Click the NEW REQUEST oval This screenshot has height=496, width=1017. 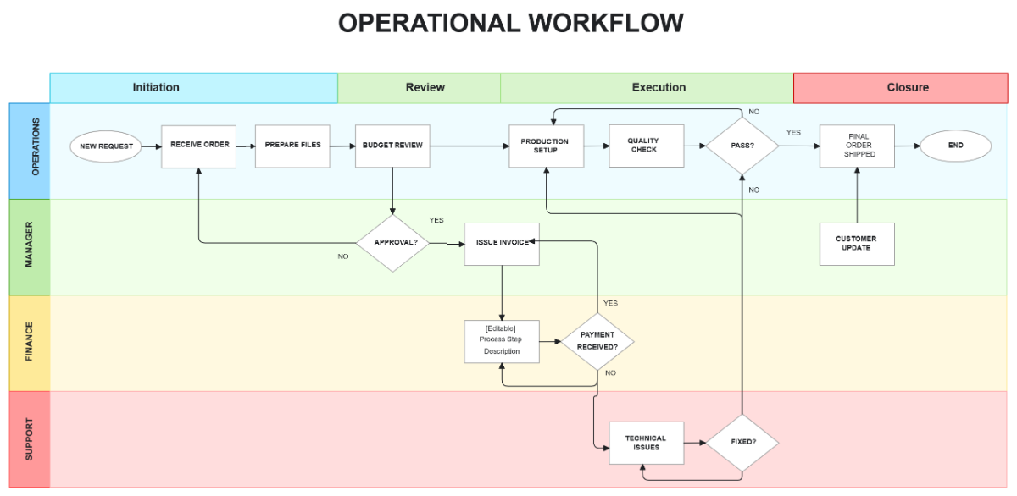[x=107, y=146]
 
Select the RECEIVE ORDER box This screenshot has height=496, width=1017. [x=199, y=146]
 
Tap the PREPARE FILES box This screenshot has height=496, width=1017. [x=292, y=146]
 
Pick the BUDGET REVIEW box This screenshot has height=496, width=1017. [x=392, y=146]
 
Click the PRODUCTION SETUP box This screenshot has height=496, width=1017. [x=545, y=146]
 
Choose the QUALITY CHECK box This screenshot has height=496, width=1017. [x=646, y=146]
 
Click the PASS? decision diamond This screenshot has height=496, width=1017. [x=742, y=146]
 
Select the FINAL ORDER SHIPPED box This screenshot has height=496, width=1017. [x=857, y=146]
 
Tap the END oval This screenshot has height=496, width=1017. [x=955, y=146]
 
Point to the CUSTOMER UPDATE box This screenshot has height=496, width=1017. [x=857, y=244]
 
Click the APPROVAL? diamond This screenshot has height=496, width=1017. [x=392, y=243]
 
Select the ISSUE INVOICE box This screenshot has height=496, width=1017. [x=502, y=243]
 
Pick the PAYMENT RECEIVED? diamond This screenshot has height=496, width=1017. [x=597, y=341]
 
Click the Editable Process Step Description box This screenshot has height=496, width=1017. [x=502, y=341]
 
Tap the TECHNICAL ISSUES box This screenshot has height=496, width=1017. [x=646, y=443]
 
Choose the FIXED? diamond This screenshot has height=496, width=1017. [x=742, y=442]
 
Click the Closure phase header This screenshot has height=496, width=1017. [x=908, y=88]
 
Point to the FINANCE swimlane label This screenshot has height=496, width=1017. [x=29, y=343]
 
